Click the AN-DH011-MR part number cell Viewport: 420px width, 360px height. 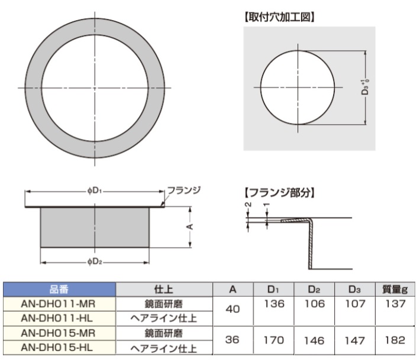(x=58, y=304)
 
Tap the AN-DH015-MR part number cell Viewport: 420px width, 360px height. (x=58, y=333)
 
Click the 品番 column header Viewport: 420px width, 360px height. (x=59, y=289)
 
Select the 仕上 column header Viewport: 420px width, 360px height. (x=164, y=289)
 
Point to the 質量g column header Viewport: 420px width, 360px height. (x=395, y=289)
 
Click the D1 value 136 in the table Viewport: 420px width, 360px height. (x=274, y=304)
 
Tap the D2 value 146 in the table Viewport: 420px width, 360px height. (x=315, y=340)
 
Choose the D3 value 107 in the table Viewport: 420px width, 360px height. (x=355, y=304)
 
